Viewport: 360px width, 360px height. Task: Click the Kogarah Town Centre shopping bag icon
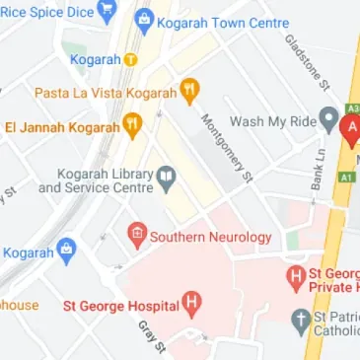144,21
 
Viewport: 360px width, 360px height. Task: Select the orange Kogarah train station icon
130,59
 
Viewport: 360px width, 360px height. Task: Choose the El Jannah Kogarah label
61,126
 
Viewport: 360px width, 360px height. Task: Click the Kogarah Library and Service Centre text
96,180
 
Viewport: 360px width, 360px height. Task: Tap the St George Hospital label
118,306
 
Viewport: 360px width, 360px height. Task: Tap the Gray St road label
149,334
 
